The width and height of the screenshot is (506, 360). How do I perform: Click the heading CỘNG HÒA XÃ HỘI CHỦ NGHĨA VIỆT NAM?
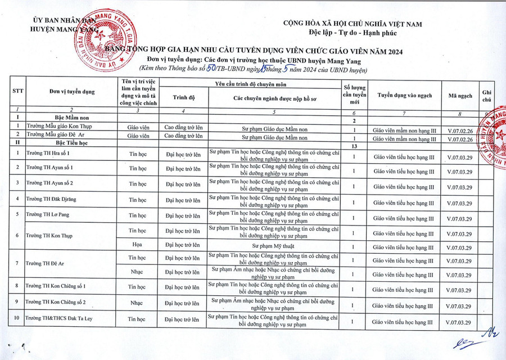[x=353, y=24]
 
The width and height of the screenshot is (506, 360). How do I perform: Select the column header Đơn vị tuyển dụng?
[x=72, y=92]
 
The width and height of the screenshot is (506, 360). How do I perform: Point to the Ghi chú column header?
[x=487, y=96]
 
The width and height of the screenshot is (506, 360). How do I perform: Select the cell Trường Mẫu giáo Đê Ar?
[x=55, y=136]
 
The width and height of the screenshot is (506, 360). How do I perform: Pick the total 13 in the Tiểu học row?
[x=354, y=146]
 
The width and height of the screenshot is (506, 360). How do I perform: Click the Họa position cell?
[x=137, y=245]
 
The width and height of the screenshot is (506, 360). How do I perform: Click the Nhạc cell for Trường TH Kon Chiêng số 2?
[x=137, y=303]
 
